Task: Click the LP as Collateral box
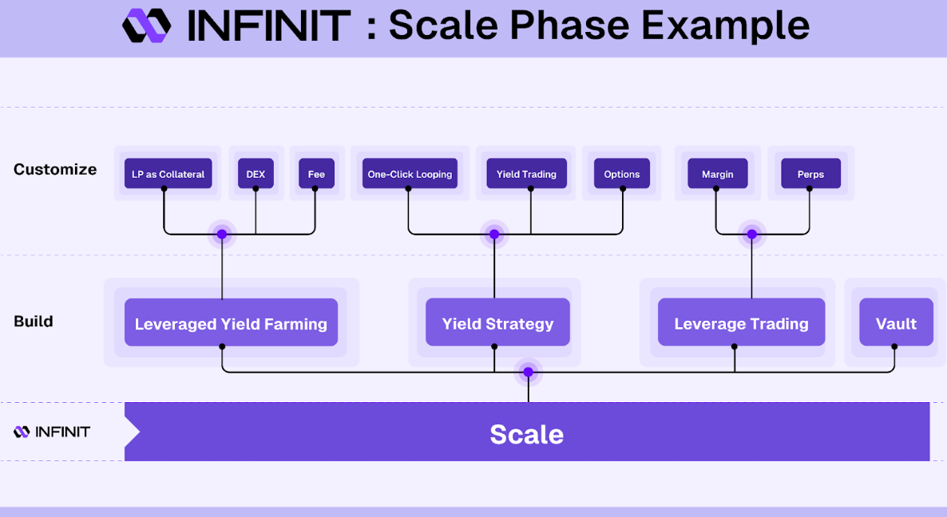pyautogui.click(x=168, y=174)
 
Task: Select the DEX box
pyautogui.click(x=256, y=174)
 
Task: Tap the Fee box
pyautogui.click(x=316, y=174)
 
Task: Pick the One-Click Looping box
pyautogui.click(x=410, y=174)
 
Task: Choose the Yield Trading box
pyautogui.click(x=527, y=174)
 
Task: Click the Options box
pyautogui.click(x=621, y=174)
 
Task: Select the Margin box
pyautogui.click(x=718, y=174)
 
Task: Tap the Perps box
pyautogui.click(x=810, y=174)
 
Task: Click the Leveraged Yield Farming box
pyautogui.click(x=231, y=323)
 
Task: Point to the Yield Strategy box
pyautogui.click(x=497, y=323)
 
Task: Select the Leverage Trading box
pyautogui.click(x=741, y=323)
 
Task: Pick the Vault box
pyautogui.click(x=896, y=323)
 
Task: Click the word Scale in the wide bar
pyautogui.click(x=527, y=434)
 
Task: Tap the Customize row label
pyautogui.click(x=55, y=169)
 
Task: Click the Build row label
pyautogui.click(x=34, y=321)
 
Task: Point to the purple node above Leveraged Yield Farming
pyautogui.click(x=222, y=234)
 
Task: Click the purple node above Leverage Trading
pyautogui.click(x=752, y=234)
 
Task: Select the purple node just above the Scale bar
pyautogui.click(x=529, y=373)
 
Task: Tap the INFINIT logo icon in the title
pyautogui.click(x=147, y=26)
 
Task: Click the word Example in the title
pyautogui.click(x=725, y=26)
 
